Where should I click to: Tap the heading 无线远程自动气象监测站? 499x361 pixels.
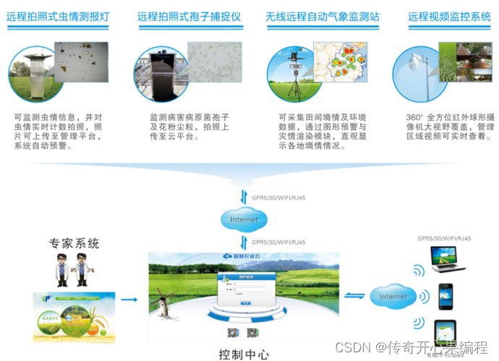point(322,16)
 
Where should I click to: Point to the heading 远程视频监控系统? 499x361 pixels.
point(448,16)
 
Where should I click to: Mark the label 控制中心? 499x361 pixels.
point(244,354)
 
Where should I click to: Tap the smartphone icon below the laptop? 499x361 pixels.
point(445,295)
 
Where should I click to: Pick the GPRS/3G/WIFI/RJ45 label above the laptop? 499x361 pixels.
point(445,238)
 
